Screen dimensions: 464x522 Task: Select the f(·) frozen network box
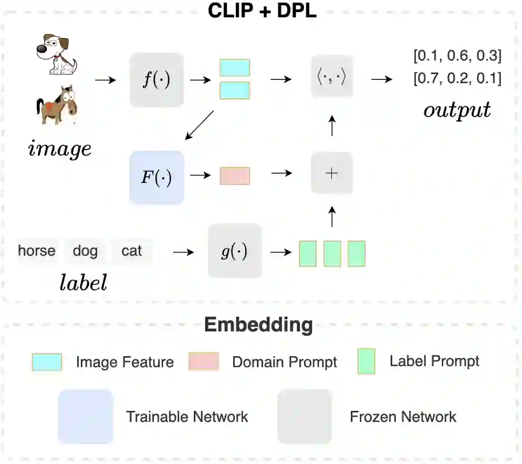pos(156,80)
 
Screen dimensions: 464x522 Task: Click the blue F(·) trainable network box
pos(156,177)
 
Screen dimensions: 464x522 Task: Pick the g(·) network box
pos(235,250)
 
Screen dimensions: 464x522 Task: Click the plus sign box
pos(331,173)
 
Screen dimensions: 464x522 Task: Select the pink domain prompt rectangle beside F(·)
pos(235,176)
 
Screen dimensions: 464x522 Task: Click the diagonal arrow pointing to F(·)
pos(200,125)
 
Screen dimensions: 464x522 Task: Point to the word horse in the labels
pos(37,250)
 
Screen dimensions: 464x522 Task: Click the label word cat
pos(131,250)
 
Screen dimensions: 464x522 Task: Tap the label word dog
pos(85,250)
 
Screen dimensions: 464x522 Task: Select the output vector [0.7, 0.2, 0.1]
pos(457,79)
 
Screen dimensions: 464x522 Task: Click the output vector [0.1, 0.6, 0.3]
pos(457,55)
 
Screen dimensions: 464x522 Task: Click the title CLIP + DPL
pos(262,11)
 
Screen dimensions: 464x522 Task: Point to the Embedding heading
pos(258,325)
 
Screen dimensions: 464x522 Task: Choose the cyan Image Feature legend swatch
pos(47,362)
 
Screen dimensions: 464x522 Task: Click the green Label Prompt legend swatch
pos(366,361)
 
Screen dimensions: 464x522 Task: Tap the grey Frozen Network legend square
pos(305,417)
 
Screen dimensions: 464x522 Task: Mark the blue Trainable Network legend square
pos(85,417)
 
